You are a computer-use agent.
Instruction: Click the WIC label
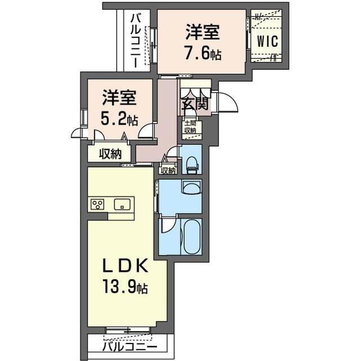coord(268,41)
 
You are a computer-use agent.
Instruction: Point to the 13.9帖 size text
coord(125,287)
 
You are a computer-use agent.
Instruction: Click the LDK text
coord(125,266)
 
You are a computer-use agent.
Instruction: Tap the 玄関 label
coord(195,104)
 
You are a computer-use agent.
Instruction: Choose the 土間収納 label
coord(190,126)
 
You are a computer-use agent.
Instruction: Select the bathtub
coord(192,236)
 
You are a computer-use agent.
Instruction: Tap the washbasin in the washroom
coord(192,187)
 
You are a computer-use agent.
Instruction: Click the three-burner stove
coord(97,204)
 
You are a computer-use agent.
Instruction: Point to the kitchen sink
coord(122,204)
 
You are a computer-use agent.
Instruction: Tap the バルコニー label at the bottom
coord(130,347)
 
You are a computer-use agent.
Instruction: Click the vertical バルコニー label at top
coord(135,41)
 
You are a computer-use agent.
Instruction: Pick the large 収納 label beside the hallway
coord(110,153)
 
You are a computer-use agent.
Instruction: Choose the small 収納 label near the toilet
coord(168,170)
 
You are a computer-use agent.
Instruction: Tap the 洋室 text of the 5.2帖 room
coord(119,98)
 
